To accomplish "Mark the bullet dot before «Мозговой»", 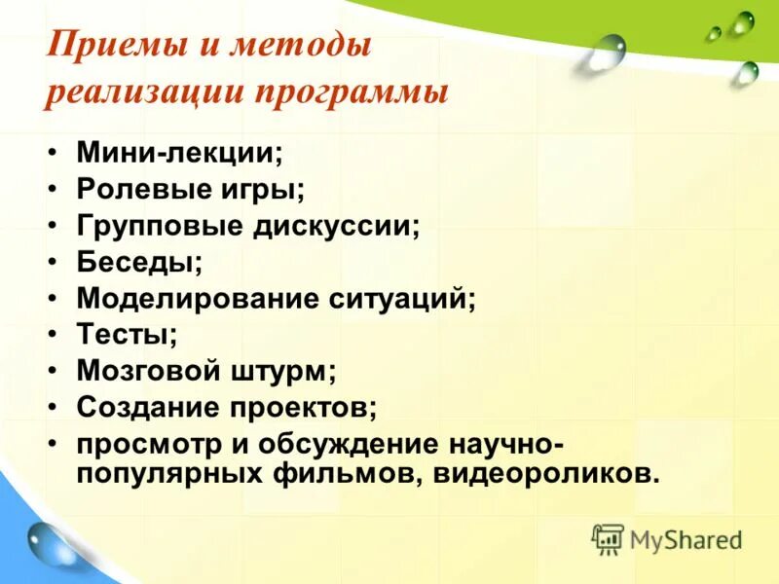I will coord(55,371).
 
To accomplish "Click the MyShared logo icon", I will coord(608,538).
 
